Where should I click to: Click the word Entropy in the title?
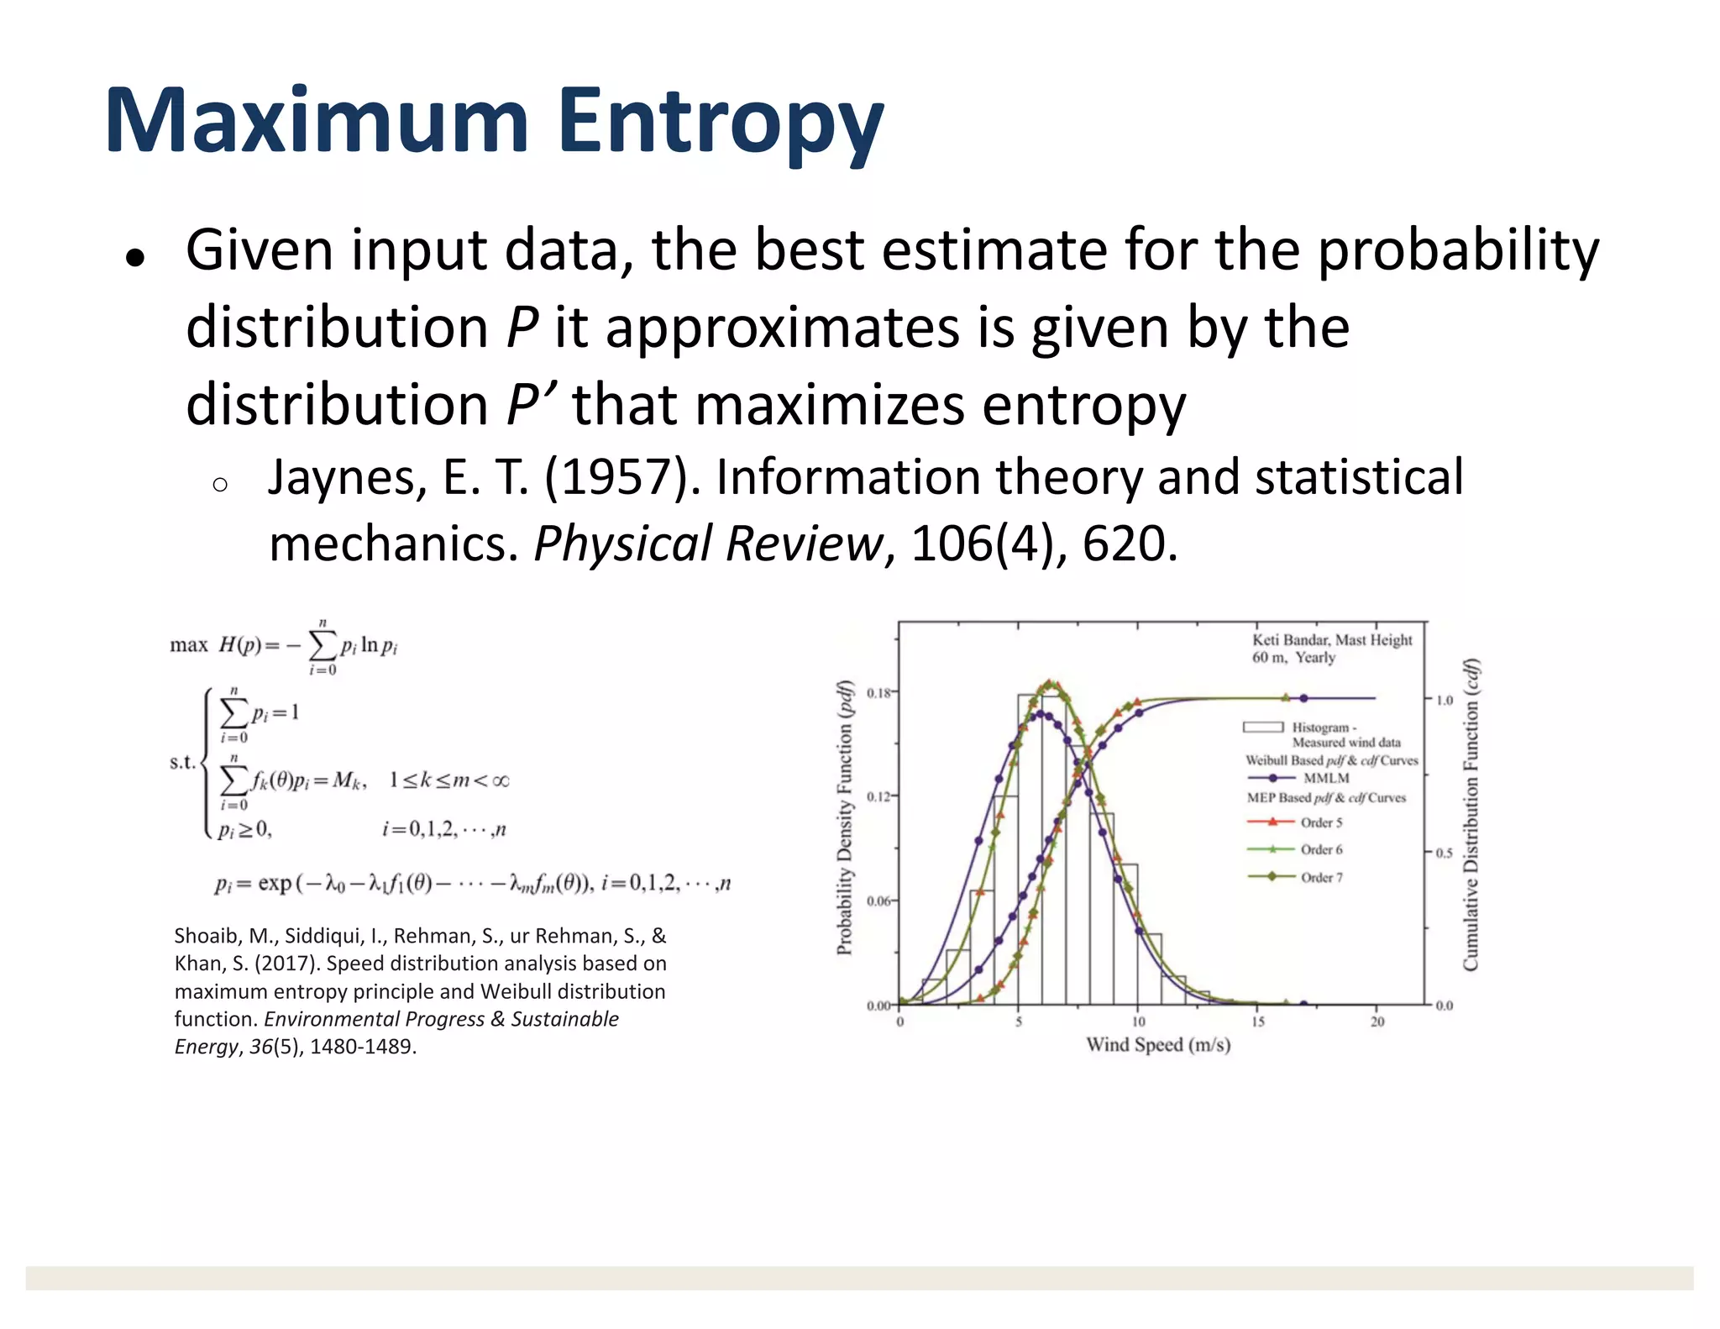click(720, 122)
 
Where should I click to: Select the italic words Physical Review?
click(708, 543)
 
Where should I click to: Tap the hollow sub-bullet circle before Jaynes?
click(220, 485)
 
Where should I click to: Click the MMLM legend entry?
click(1325, 778)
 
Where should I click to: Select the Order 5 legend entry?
click(1321, 822)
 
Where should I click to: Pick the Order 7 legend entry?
click(1321, 877)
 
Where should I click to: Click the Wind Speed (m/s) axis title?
click(1158, 1044)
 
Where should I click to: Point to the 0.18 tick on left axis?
click(878, 692)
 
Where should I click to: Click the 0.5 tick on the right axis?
click(1444, 853)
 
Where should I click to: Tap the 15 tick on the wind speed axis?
click(1257, 1022)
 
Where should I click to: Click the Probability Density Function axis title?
click(844, 817)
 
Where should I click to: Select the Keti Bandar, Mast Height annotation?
click(1331, 640)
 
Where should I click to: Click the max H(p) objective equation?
click(284, 645)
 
